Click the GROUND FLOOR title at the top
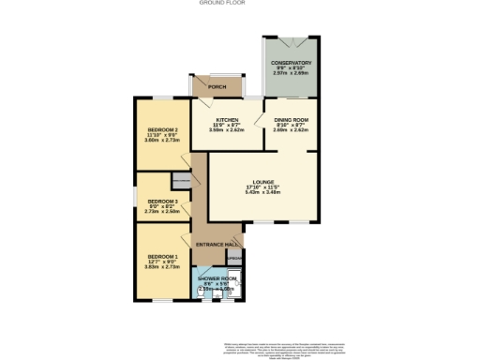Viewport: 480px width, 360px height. click(240, 4)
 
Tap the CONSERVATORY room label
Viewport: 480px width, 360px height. click(291, 63)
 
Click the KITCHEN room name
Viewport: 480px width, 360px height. click(226, 120)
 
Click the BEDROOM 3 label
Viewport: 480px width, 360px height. click(162, 201)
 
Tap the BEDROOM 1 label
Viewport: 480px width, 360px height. click(162, 256)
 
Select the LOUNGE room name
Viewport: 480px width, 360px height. click(262, 182)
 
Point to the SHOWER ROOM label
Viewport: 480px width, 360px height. click(216, 278)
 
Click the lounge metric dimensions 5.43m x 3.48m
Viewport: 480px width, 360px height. click(262, 193)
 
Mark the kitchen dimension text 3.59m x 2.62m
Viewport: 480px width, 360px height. click(226, 130)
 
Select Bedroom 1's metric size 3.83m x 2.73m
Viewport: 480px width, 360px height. click(162, 267)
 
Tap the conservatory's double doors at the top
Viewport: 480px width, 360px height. click(290, 42)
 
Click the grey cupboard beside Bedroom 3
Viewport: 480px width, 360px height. click(180, 179)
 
